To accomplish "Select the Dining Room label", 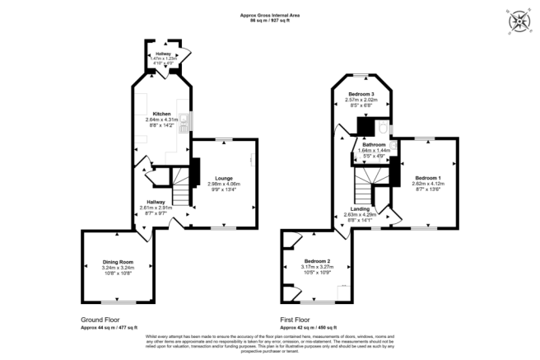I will (x=118, y=262).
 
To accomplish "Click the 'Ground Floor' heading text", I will (x=101, y=319).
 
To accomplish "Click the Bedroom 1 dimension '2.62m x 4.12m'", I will (x=427, y=184).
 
